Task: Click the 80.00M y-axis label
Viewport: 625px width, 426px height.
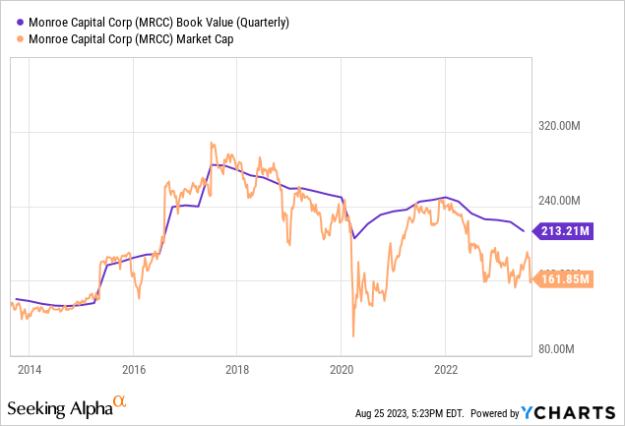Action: [562, 349]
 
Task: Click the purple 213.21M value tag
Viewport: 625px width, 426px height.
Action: [564, 231]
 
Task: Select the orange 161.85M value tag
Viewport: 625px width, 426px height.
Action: [564, 278]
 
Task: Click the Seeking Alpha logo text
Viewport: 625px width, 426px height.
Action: [58, 405]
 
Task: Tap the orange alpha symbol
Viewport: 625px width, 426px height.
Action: [119, 401]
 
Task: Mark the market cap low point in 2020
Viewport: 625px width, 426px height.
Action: [352, 336]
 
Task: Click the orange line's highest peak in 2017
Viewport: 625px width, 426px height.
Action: [212, 144]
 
